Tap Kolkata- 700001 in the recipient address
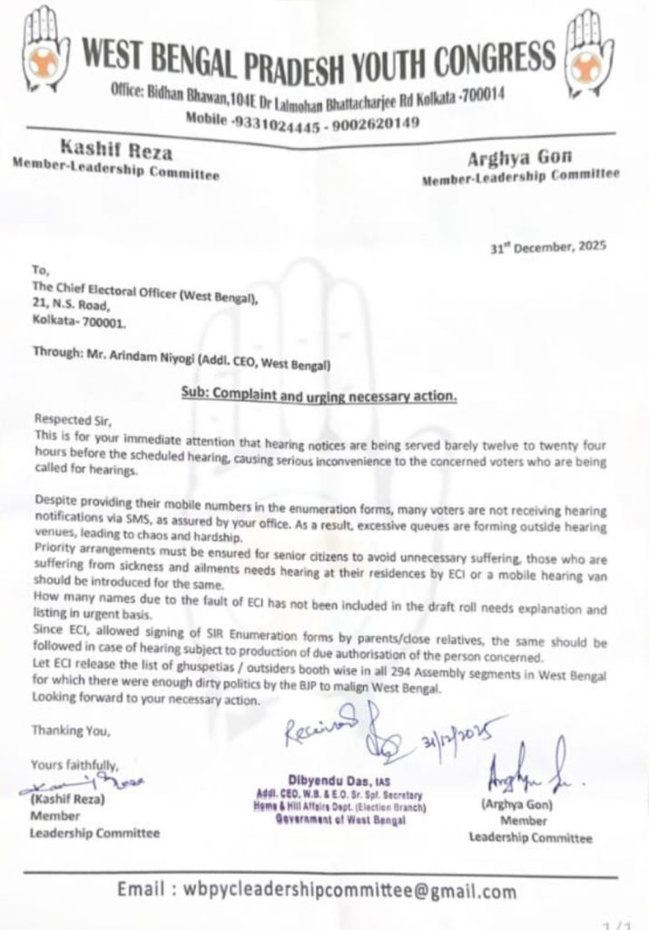79,322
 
